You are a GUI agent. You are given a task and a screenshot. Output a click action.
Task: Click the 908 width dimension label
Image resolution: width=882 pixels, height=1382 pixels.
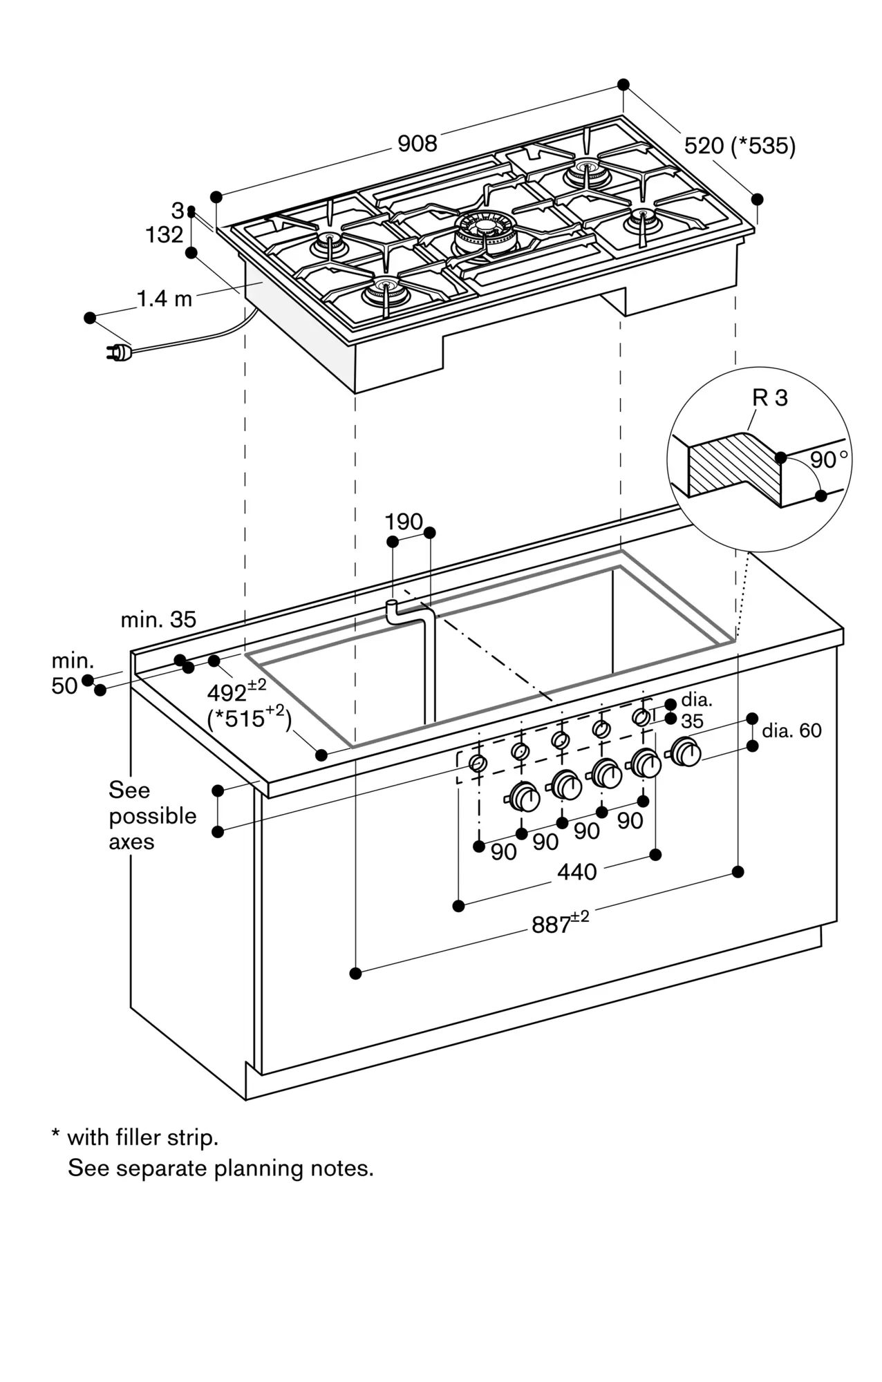[x=417, y=144]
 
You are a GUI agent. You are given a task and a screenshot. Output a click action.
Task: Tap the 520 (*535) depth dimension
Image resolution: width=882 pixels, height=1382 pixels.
[x=740, y=146]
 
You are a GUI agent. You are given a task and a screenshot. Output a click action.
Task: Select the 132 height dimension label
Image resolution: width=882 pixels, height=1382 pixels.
[x=164, y=235]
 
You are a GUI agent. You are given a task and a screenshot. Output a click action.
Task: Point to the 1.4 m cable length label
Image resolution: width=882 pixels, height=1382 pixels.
[x=165, y=299]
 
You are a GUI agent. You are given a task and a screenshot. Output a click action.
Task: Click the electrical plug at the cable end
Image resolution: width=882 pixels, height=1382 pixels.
[x=118, y=353]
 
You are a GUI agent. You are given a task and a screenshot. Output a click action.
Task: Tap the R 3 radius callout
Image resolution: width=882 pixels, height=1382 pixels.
[x=770, y=398]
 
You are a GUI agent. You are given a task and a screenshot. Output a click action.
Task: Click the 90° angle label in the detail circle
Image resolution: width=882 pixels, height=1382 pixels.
[x=829, y=460]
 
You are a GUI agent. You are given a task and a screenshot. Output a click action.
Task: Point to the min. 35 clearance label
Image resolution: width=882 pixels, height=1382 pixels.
[x=158, y=620]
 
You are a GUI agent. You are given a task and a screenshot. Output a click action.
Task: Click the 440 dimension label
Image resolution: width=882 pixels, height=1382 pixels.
[x=576, y=872]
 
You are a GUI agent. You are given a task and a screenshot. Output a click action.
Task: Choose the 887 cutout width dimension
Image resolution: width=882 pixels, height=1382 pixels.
[x=559, y=923]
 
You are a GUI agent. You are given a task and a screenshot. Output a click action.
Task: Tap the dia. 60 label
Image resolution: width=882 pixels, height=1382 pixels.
[x=791, y=730]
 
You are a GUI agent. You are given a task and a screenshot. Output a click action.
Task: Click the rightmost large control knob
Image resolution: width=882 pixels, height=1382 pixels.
[x=685, y=752]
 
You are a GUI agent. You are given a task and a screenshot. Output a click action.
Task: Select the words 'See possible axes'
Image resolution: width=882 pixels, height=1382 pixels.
[x=152, y=815]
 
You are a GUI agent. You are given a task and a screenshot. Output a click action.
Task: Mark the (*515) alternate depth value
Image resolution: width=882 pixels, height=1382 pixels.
[x=250, y=719]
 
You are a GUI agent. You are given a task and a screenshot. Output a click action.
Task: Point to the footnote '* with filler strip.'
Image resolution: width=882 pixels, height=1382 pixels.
[x=135, y=1137]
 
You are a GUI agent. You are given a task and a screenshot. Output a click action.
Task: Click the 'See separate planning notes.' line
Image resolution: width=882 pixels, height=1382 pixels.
[x=220, y=1168]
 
